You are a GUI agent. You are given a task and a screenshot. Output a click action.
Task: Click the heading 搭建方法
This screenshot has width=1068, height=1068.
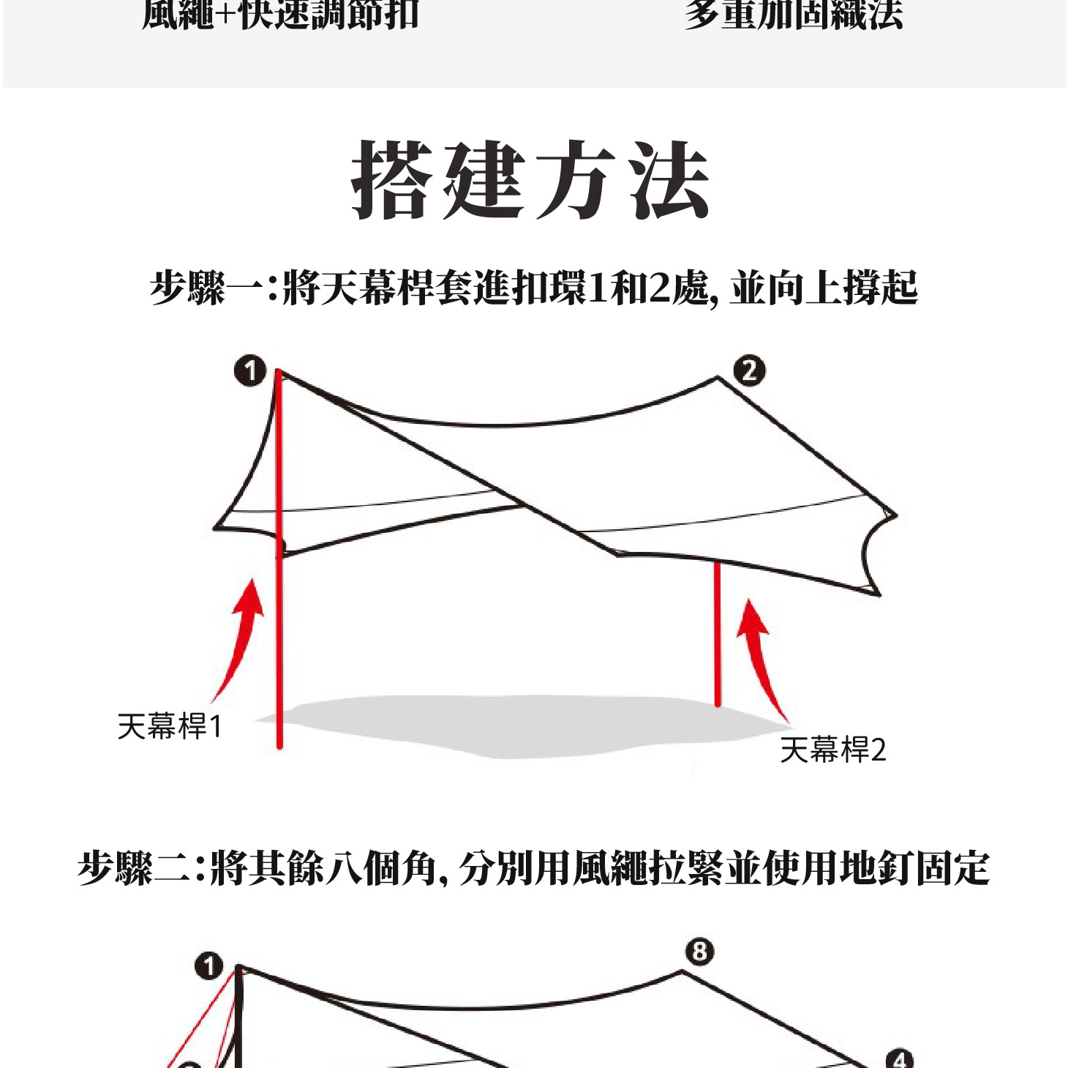coord(531,180)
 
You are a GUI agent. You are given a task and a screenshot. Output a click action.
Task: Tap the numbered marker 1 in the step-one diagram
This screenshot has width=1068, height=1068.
coord(250,371)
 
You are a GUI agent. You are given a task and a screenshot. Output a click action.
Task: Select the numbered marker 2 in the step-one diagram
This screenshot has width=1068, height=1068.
coord(749,371)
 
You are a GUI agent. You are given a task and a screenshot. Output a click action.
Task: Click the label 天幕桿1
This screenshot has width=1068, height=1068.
coord(169,727)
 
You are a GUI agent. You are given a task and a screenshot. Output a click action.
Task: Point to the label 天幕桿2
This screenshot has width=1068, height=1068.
coord(832,750)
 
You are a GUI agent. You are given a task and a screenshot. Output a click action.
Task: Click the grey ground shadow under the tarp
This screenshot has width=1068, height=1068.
coord(512,725)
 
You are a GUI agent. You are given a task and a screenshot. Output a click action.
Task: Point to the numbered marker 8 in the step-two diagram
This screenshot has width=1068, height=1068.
coord(699,952)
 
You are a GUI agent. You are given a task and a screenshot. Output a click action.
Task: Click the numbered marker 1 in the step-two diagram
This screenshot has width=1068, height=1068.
coord(208,966)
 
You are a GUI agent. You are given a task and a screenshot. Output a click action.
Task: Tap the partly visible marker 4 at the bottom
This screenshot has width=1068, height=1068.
coord(899,1060)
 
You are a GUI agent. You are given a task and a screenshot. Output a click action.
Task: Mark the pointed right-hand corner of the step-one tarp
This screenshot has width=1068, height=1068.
coord(894,515)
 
